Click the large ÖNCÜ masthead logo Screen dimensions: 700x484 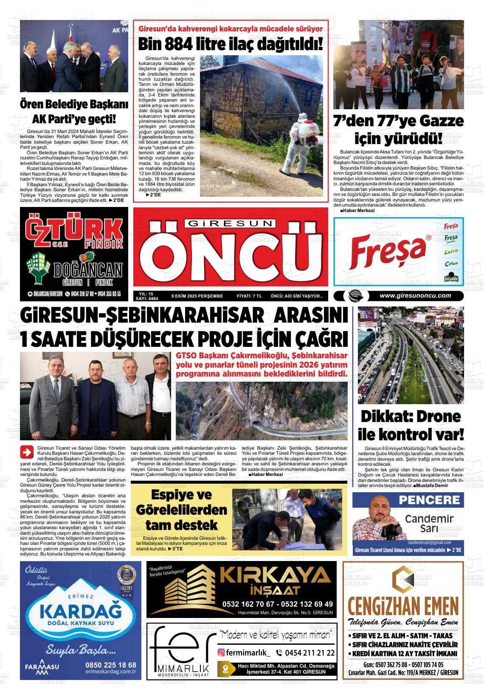click(x=231, y=254)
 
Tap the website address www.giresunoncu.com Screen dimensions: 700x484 click(x=415, y=296)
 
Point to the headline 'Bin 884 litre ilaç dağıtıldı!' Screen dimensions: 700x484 click(x=231, y=43)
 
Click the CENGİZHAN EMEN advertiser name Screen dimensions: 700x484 click(x=403, y=604)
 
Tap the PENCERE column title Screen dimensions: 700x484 click(x=429, y=500)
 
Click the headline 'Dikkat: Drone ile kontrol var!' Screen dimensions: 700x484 click(x=411, y=425)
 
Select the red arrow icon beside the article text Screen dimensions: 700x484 click(x=27, y=452)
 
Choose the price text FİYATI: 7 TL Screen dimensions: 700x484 click(x=249, y=296)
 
